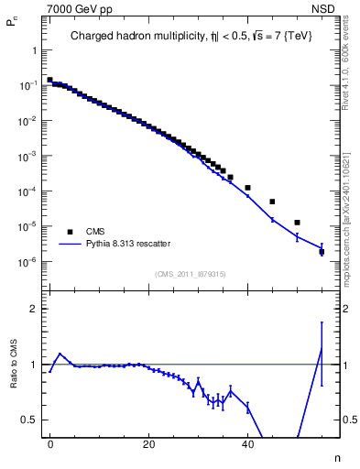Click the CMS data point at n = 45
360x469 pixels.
pyautogui.click(x=272, y=202)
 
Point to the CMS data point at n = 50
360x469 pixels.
pyautogui.click(x=297, y=223)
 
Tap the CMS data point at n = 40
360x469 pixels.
pyautogui.click(x=247, y=188)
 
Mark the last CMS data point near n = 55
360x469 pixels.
pyautogui.click(x=322, y=251)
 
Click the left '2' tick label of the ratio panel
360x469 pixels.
pyautogui.click(x=36, y=309)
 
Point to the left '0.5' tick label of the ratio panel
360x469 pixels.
pyautogui.click(x=32, y=420)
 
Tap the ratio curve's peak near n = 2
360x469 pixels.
pyautogui.click(x=60, y=354)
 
